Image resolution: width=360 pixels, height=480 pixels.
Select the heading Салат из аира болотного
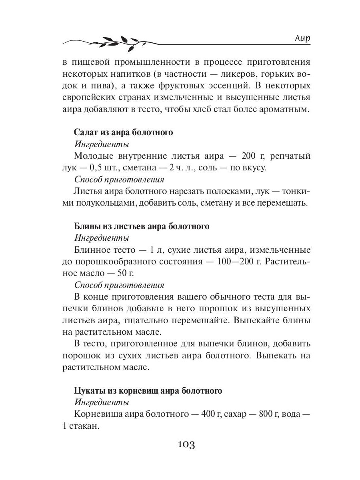point(124,132)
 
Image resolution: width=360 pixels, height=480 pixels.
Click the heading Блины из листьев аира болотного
point(142,226)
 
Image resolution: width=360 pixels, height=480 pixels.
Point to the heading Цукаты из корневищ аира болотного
point(148,390)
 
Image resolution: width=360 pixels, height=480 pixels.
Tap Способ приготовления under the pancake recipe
point(119,285)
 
